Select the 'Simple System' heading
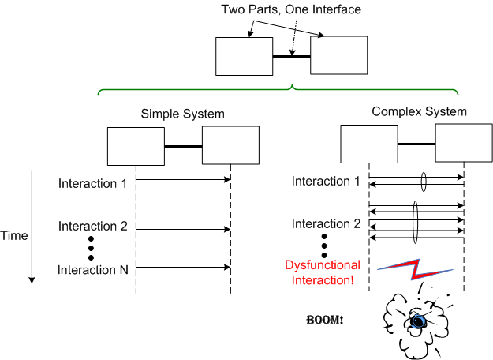[182, 114]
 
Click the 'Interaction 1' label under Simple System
[93, 183]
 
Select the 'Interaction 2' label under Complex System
[327, 224]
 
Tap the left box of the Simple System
[136, 145]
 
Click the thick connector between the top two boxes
[291, 57]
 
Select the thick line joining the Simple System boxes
[183, 146]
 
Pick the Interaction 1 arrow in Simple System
[183, 180]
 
